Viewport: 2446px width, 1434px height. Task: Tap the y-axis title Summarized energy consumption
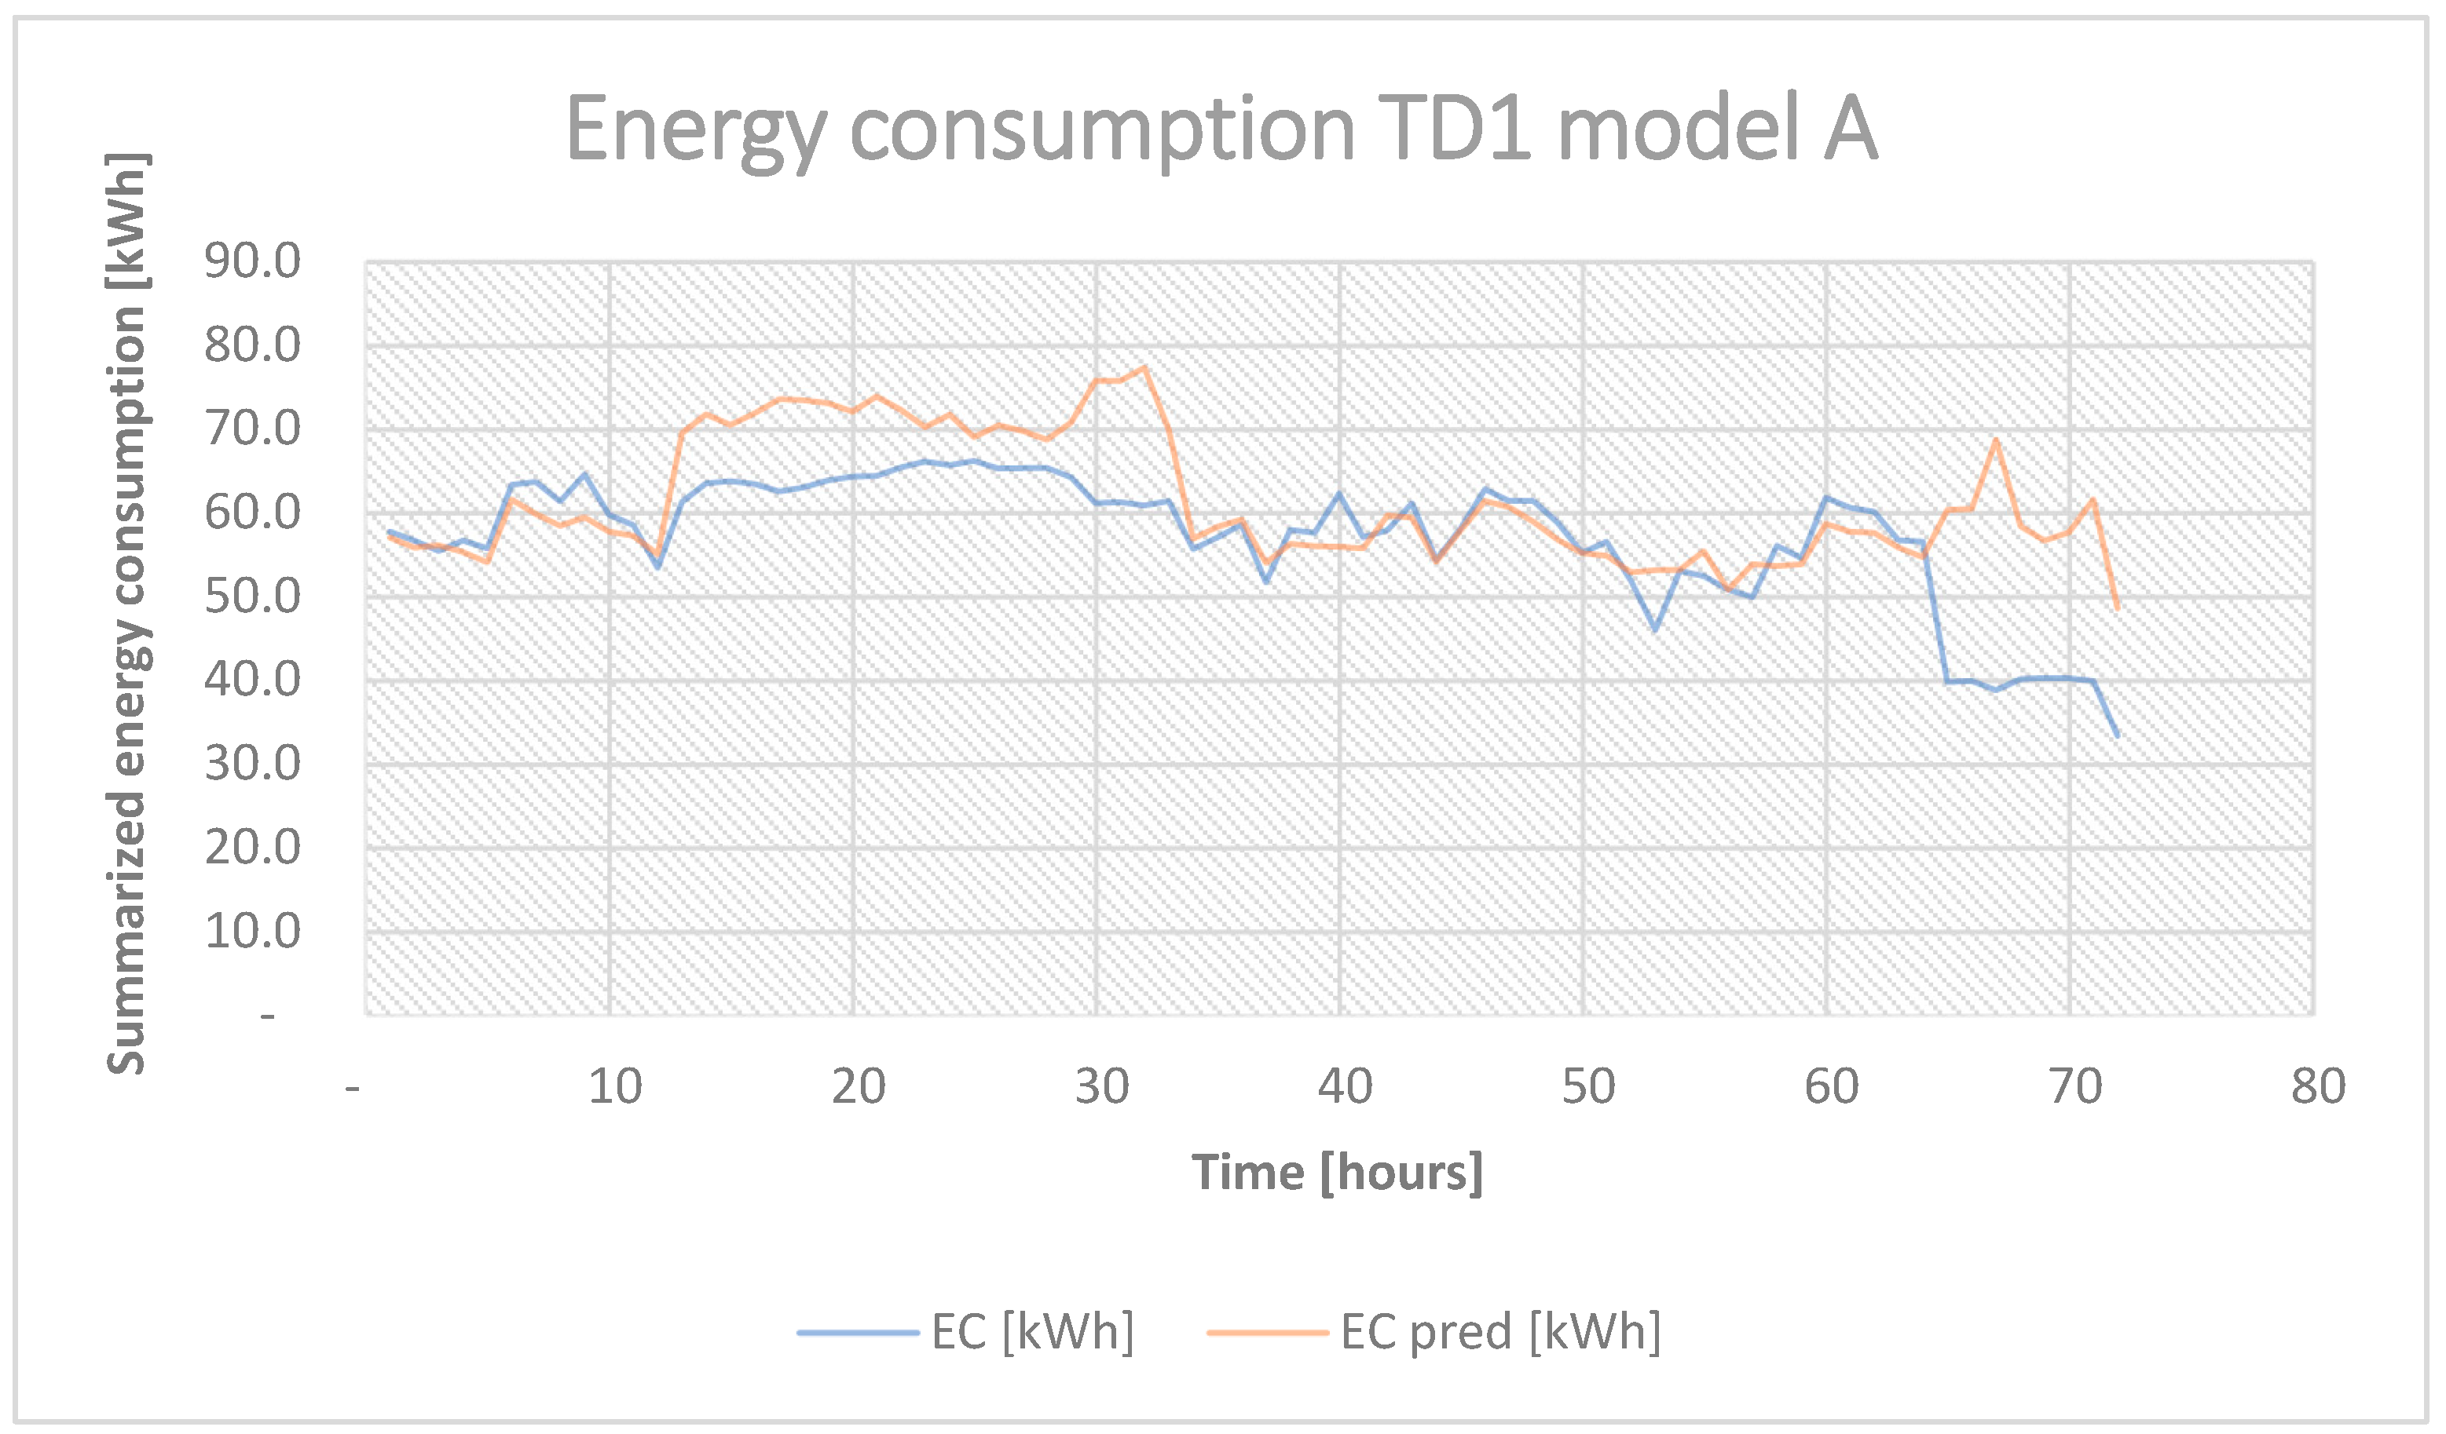pos(127,613)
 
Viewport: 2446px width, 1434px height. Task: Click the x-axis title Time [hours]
pos(1338,1173)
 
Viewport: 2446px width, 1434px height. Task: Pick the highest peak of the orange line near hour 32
pos(1145,367)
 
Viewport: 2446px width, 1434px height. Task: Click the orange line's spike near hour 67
pos(1996,440)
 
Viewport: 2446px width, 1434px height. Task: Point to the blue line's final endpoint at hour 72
pos(2117,735)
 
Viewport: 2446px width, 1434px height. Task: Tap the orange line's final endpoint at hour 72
pos(2117,608)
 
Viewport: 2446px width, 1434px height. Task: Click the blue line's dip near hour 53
pos(1656,629)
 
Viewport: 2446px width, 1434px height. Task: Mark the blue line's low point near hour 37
pos(1265,581)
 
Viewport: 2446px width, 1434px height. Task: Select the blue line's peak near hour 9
pos(584,474)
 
